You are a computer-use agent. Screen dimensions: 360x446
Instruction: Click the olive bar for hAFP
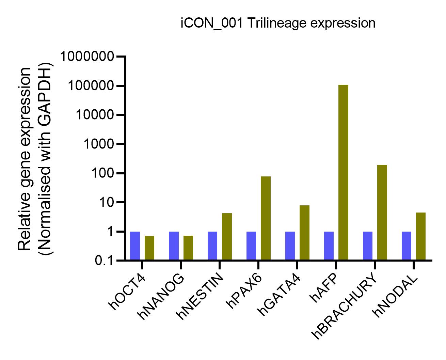tap(343, 172)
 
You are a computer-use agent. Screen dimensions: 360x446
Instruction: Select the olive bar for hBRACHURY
tap(382, 213)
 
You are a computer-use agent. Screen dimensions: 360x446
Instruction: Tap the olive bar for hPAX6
tap(266, 218)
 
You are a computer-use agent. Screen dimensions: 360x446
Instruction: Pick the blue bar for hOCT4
tap(135, 246)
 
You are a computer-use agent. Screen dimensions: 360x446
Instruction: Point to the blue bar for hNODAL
tap(407, 246)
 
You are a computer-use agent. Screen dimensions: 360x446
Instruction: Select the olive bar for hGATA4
tap(304, 233)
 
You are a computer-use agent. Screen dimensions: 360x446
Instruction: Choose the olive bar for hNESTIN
tap(227, 237)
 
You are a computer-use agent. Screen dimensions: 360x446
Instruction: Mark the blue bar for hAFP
tap(329, 246)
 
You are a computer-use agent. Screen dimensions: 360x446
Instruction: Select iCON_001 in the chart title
tap(211, 23)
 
